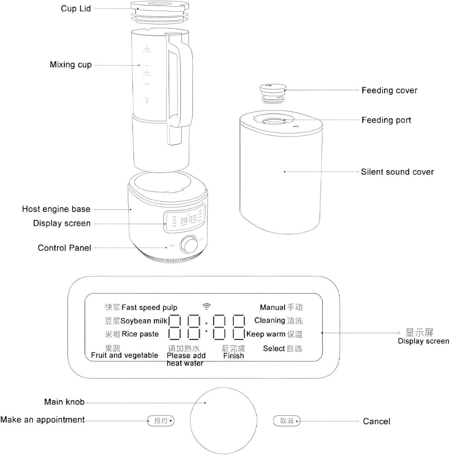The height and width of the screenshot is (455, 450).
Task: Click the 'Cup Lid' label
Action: (76, 8)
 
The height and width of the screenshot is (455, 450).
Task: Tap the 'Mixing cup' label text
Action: (70, 65)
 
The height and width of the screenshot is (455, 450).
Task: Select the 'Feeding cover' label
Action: (389, 90)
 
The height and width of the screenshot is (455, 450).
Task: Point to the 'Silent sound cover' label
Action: (397, 172)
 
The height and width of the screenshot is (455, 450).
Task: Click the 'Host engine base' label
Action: (56, 209)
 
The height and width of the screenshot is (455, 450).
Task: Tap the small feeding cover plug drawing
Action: (273, 93)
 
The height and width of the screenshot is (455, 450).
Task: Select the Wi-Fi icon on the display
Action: (206, 306)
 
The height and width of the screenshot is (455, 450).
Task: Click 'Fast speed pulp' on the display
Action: (149, 308)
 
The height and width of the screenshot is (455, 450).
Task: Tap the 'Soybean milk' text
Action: (144, 321)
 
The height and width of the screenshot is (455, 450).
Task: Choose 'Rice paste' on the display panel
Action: (140, 334)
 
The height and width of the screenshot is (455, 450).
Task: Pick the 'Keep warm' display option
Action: (266, 334)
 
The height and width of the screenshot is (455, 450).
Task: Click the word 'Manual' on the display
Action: (272, 308)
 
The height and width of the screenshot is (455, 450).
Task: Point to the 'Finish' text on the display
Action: (233, 356)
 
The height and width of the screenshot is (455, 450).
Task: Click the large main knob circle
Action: (223, 420)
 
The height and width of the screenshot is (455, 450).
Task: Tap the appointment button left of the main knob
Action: (161, 421)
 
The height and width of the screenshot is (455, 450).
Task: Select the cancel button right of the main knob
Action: (287, 421)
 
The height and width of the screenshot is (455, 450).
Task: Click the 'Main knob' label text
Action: (64, 402)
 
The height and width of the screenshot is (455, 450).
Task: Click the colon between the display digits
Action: (206, 327)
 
